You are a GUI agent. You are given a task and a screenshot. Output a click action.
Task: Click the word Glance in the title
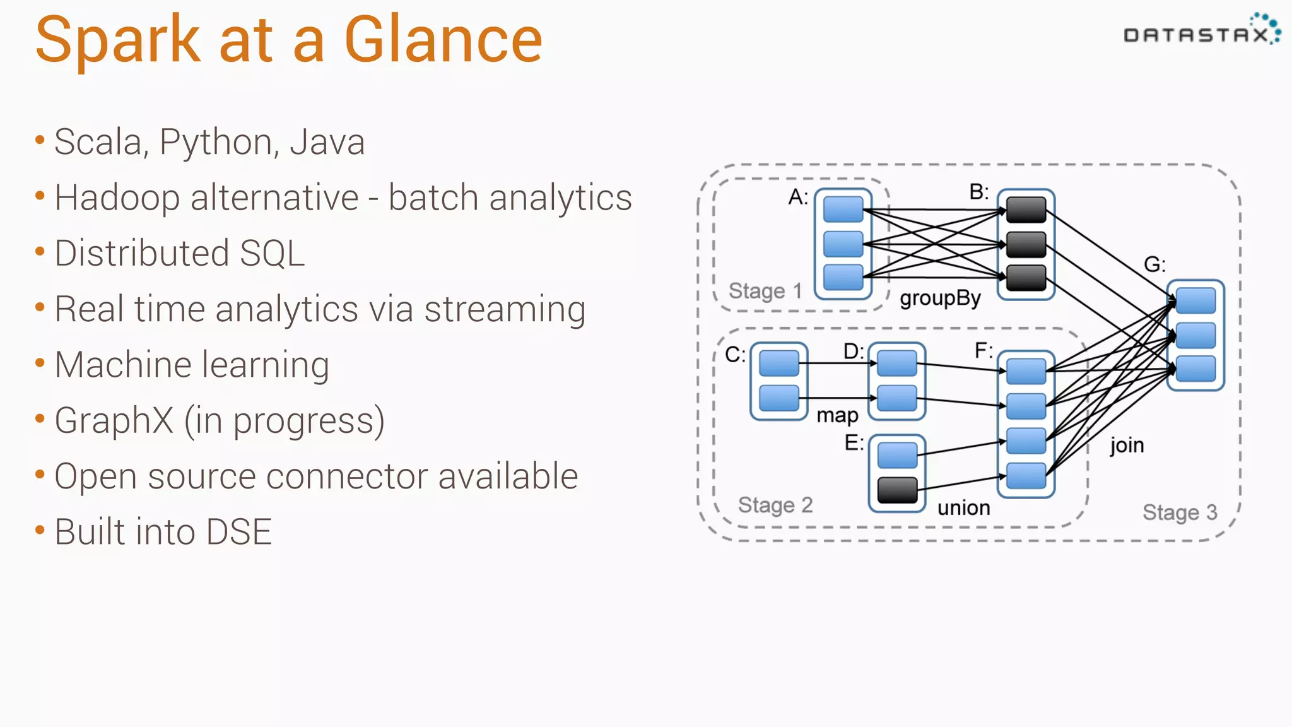pyautogui.click(x=443, y=40)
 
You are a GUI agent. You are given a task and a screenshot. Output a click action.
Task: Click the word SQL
pyautogui.click(x=272, y=254)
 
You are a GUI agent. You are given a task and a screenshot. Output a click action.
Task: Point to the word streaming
pyautogui.click(x=505, y=310)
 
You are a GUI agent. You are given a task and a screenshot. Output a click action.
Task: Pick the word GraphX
pyautogui.click(x=114, y=421)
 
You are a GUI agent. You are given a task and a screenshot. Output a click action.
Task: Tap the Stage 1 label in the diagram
pyautogui.click(x=765, y=291)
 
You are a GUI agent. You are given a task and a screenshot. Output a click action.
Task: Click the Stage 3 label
pyautogui.click(x=1179, y=512)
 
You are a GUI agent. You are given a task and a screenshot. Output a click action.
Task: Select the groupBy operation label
pyautogui.click(x=940, y=298)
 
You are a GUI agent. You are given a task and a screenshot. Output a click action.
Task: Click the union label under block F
pyautogui.click(x=963, y=508)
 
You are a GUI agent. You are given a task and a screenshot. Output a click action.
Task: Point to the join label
pyautogui.click(x=1127, y=446)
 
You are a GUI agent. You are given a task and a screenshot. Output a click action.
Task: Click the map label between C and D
pyautogui.click(x=837, y=415)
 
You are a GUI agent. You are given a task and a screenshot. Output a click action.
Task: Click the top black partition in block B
pyautogui.click(x=1026, y=210)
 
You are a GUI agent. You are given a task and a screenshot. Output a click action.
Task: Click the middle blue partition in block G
pyautogui.click(x=1195, y=336)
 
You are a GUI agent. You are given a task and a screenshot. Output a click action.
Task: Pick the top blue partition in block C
pyautogui.click(x=778, y=363)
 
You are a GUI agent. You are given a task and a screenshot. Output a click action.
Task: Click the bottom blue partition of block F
pyautogui.click(x=1026, y=476)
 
